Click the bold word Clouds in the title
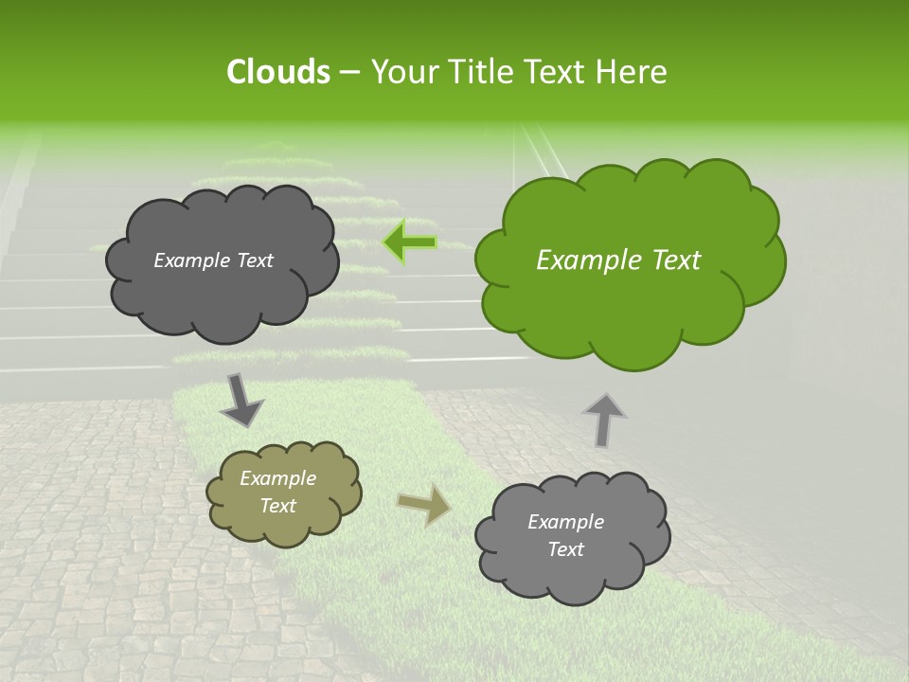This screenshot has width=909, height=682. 278,72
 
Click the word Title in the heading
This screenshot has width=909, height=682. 480,72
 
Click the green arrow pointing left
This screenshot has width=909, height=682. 410,242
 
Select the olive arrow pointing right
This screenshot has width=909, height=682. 424,505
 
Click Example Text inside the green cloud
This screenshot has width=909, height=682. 618,260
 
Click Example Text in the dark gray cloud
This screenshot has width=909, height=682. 213,260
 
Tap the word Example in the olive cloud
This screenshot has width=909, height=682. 277,478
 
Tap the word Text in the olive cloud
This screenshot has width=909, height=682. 277,506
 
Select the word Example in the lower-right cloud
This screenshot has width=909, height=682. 565,522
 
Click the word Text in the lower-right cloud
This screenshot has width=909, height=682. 565,549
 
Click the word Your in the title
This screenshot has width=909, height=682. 400,72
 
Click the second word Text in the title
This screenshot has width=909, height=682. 561,72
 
